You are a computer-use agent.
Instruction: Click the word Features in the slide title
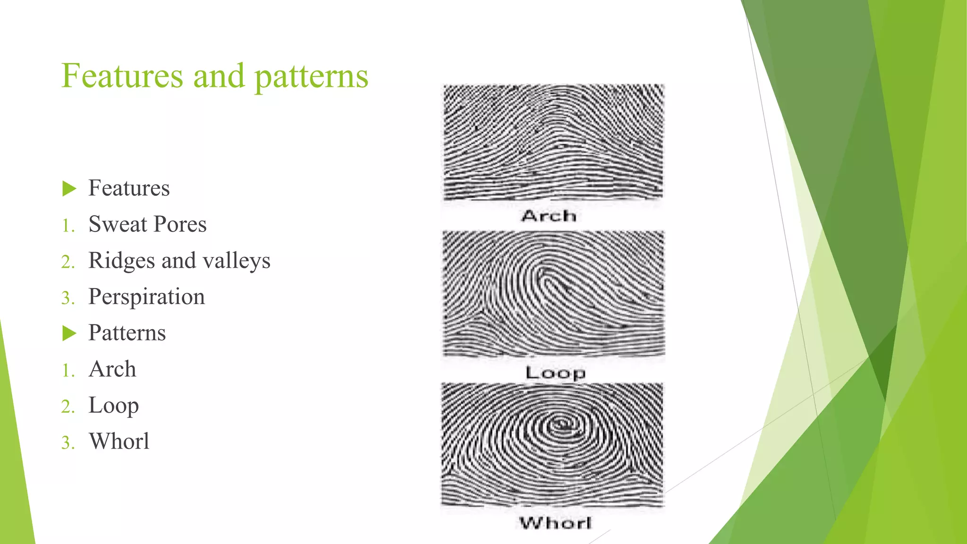pos(122,76)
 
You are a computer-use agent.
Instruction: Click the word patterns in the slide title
pos(311,77)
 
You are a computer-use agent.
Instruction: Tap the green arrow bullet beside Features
pos(69,189)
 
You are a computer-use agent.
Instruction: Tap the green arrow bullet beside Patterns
pos(69,333)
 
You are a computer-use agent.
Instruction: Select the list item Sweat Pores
pos(147,224)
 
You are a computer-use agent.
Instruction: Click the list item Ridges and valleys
pos(179,261)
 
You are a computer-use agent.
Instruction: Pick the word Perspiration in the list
pos(146,297)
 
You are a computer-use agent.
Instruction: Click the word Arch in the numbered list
pos(112,369)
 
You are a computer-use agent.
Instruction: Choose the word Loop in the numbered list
pos(113,406)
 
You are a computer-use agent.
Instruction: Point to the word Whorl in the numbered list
pos(119,442)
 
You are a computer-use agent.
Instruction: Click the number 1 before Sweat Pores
pos(68,226)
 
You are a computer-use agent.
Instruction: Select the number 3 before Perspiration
pos(68,298)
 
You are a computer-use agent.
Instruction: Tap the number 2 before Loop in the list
pos(68,407)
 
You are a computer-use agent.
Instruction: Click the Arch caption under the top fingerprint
pos(549,216)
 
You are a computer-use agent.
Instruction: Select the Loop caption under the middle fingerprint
pos(555,373)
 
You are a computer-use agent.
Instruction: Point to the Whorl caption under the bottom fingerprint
pos(555,523)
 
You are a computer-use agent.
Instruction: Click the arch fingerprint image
pos(553,142)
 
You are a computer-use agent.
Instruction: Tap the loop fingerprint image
pos(553,293)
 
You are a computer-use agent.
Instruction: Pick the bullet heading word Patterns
pos(127,333)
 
